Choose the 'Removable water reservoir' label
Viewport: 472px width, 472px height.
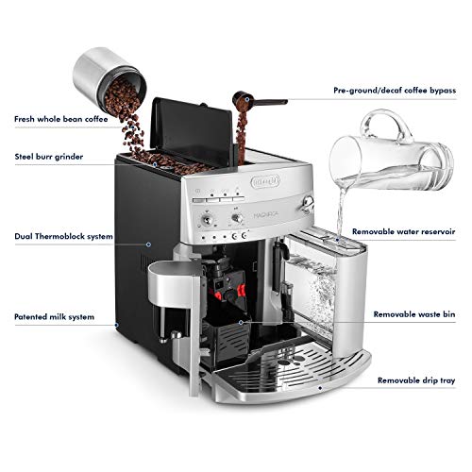405,230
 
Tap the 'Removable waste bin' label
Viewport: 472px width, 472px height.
413,312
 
